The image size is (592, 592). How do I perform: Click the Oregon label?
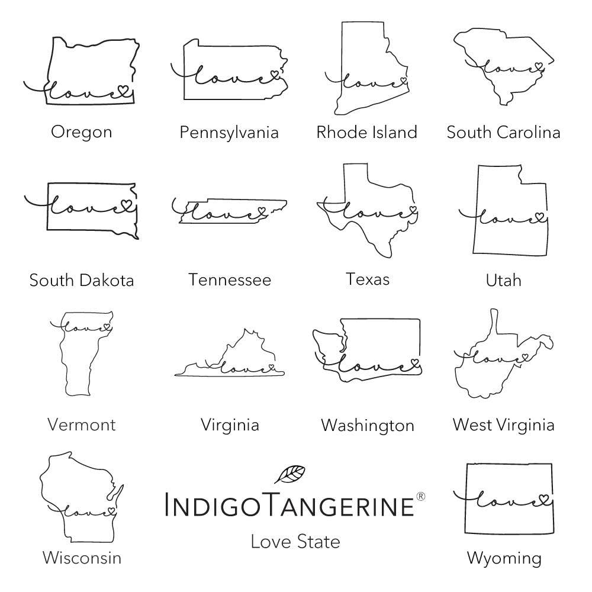pyautogui.click(x=81, y=131)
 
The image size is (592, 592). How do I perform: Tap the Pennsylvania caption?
pyautogui.click(x=229, y=131)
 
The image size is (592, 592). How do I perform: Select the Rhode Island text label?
pyautogui.click(x=366, y=131)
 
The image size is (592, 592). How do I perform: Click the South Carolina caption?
pyautogui.click(x=503, y=131)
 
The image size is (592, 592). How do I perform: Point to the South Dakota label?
pyautogui.click(x=82, y=279)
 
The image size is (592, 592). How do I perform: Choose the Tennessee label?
pyautogui.click(x=230, y=279)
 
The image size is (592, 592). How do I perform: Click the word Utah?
pyautogui.click(x=503, y=279)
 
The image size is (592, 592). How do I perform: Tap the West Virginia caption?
pyautogui.click(x=503, y=424)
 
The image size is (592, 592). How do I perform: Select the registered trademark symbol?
pyautogui.click(x=420, y=496)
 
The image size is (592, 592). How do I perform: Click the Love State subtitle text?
pyautogui.click(x=295, y=540)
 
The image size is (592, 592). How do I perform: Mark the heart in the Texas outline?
pyautogui.click(x=412, y=210)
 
